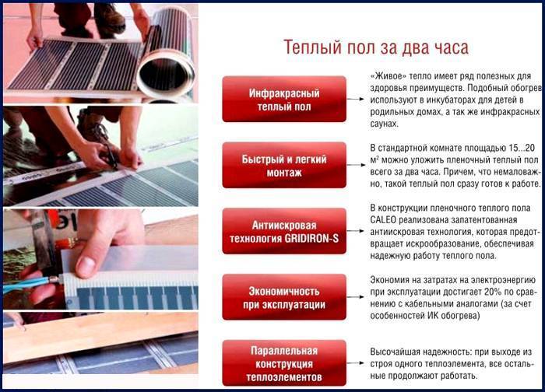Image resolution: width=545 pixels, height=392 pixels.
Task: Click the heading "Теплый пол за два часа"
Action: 374,47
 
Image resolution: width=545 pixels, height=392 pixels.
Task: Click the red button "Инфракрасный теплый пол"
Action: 283,99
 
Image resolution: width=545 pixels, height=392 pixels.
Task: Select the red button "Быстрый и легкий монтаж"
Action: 283,165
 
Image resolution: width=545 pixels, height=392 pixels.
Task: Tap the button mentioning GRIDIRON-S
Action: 283,230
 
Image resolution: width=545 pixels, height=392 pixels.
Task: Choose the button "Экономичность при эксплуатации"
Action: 283,296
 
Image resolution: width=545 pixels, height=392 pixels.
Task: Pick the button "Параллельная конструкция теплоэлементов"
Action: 283,362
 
